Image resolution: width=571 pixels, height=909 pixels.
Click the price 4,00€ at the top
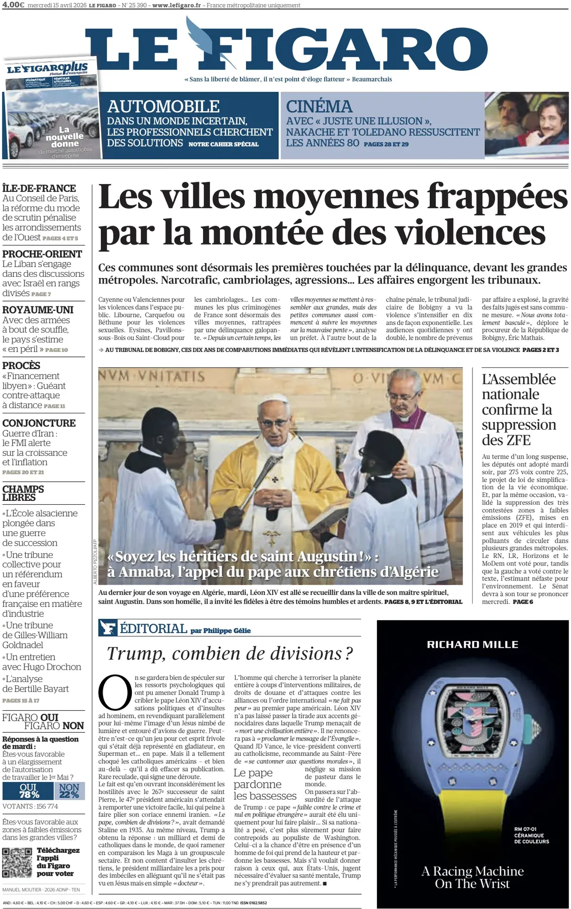13,5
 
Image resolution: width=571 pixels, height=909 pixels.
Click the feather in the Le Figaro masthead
199,36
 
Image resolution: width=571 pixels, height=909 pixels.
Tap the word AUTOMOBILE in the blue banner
163,106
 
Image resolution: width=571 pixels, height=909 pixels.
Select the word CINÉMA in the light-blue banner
319,106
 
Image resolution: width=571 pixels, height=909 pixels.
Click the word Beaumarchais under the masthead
372,79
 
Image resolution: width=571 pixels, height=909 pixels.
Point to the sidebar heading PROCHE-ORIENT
42,254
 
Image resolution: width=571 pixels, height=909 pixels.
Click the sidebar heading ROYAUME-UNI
38,310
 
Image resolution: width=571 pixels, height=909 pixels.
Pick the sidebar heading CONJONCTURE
39,423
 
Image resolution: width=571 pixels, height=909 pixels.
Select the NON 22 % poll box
69,791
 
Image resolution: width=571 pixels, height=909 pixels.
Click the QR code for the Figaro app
17,862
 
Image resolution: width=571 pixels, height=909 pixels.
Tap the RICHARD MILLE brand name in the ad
473,645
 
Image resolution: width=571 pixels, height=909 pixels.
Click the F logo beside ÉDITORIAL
108,628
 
